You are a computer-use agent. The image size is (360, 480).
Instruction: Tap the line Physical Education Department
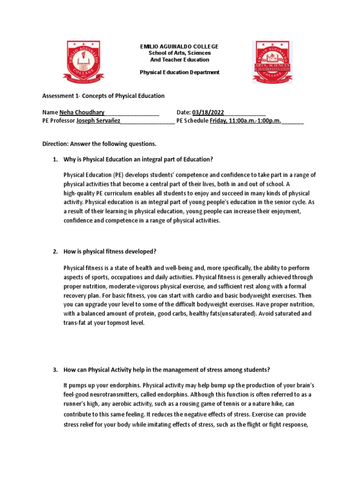180,72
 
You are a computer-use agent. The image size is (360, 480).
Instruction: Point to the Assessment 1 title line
104,96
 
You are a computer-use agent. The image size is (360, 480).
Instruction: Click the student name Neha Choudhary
82,112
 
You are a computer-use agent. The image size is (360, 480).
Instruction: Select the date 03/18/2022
208,112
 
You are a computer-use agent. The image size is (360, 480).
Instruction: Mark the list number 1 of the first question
55,159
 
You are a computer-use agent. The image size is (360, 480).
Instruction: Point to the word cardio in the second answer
199,295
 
